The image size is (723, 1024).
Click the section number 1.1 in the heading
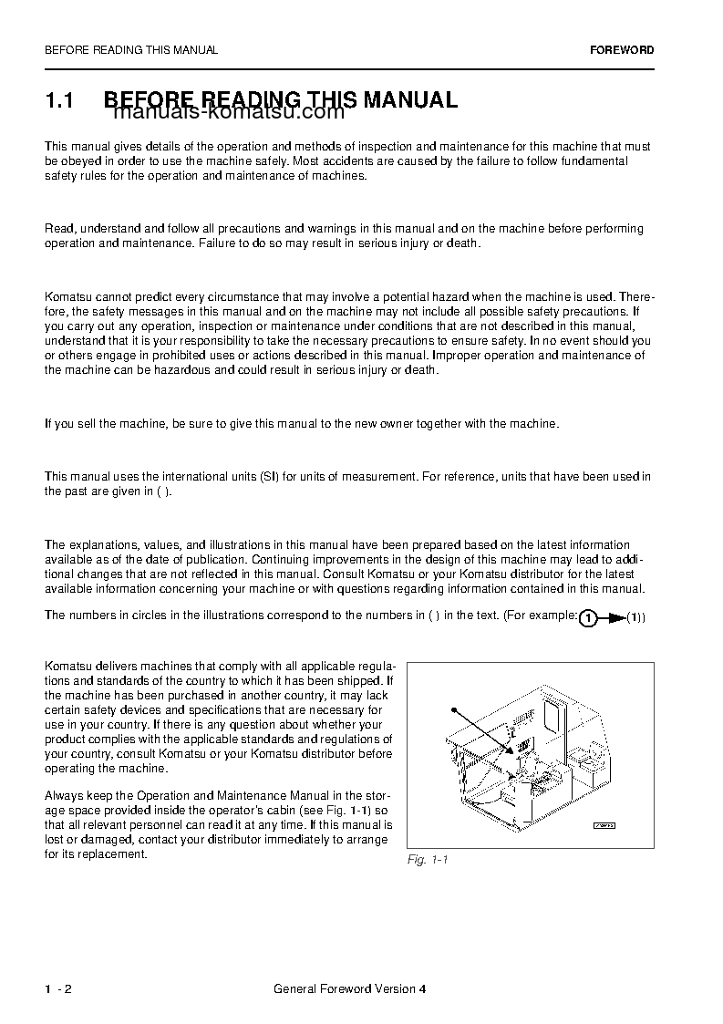pos(58,100)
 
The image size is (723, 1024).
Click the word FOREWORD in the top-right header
pos(622,50)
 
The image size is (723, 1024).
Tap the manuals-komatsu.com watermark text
pos(229,113)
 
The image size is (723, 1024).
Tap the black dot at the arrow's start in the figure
pos(453,708)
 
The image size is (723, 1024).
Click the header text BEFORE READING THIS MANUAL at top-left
pos(131,50)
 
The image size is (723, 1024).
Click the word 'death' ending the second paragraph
pos(461,243)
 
